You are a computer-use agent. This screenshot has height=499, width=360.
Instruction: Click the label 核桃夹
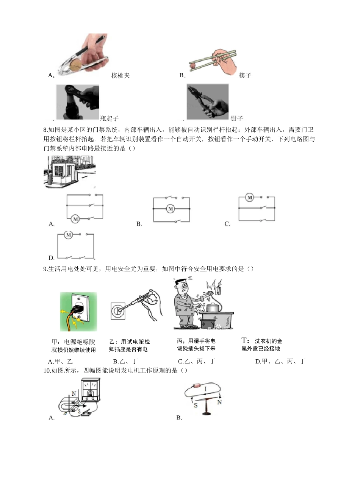point(121,75)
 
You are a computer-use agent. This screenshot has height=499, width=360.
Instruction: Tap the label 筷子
point(245,75)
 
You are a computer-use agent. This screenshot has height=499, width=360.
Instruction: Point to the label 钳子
point(237,118)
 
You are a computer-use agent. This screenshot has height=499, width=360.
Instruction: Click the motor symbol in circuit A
point(75,219)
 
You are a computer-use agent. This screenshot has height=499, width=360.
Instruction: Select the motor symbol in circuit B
point(171,209)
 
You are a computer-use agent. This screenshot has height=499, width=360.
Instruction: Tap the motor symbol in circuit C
point(249,197)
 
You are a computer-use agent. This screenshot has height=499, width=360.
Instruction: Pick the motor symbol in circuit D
point(68,235)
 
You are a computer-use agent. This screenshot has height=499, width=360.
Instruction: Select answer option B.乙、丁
point(125,361)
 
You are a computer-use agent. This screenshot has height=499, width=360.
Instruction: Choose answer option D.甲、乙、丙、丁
point(280,361)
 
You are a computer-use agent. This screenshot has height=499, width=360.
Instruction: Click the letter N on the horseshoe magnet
point(74,394)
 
